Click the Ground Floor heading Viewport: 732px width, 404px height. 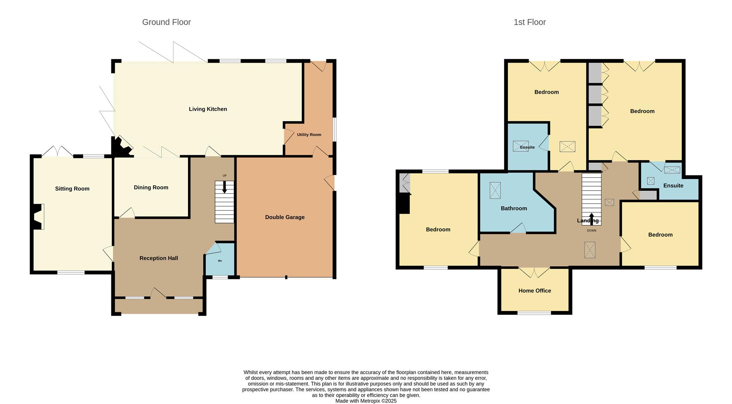tap(166, 22)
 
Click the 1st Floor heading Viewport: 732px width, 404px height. tap(530, 22)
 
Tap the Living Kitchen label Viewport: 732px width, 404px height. tap(208, 109)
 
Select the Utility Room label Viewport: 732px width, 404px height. tap(309, 135)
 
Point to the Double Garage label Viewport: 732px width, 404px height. tap(285, 217)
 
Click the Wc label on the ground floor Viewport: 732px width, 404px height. tap(220, 261)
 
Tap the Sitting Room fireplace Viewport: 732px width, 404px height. tap(37, 217)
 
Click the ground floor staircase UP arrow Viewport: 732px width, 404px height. tap(224, 187)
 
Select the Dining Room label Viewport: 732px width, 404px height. tap(151, 187)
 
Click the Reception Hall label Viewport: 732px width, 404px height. tap(159, 258)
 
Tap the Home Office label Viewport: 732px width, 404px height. tap(535, 291)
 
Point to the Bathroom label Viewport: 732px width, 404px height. tap(514, 208)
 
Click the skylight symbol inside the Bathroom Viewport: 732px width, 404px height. tap(495, 190)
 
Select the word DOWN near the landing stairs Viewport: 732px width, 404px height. tap(591, 230)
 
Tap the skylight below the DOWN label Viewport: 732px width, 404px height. tap(589, 250)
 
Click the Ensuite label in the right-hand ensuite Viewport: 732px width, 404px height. tap(673, 186)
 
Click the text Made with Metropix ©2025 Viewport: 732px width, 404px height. tap(366, 401)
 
